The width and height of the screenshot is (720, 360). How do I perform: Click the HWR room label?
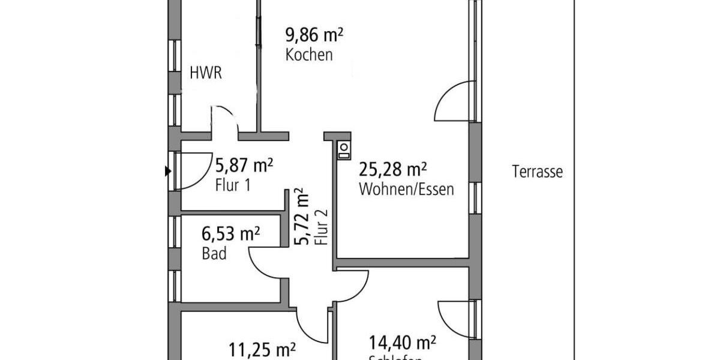coord(206,74)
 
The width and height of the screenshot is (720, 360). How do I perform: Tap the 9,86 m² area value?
coord(314,35)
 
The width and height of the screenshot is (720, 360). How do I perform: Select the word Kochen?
coord(309,55)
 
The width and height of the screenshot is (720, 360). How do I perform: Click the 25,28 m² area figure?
coord(392,170)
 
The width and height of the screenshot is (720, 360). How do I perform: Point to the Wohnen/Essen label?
coord(406,190)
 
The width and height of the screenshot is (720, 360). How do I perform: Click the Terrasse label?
coord(538,172)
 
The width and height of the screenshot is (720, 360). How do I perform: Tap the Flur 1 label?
coord(232,185)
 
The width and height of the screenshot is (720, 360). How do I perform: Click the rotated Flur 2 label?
coord(322,227)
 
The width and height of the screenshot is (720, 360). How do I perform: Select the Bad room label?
coord(214,254)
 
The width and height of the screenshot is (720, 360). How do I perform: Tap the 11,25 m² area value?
coord(262,349)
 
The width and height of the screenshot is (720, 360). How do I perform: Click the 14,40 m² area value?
coord(402,343)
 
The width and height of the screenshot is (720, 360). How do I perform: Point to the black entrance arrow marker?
coord(167,172)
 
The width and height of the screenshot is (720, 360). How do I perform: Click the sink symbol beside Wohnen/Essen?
coord(344,149)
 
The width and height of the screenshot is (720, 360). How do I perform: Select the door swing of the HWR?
coord(224,118)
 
